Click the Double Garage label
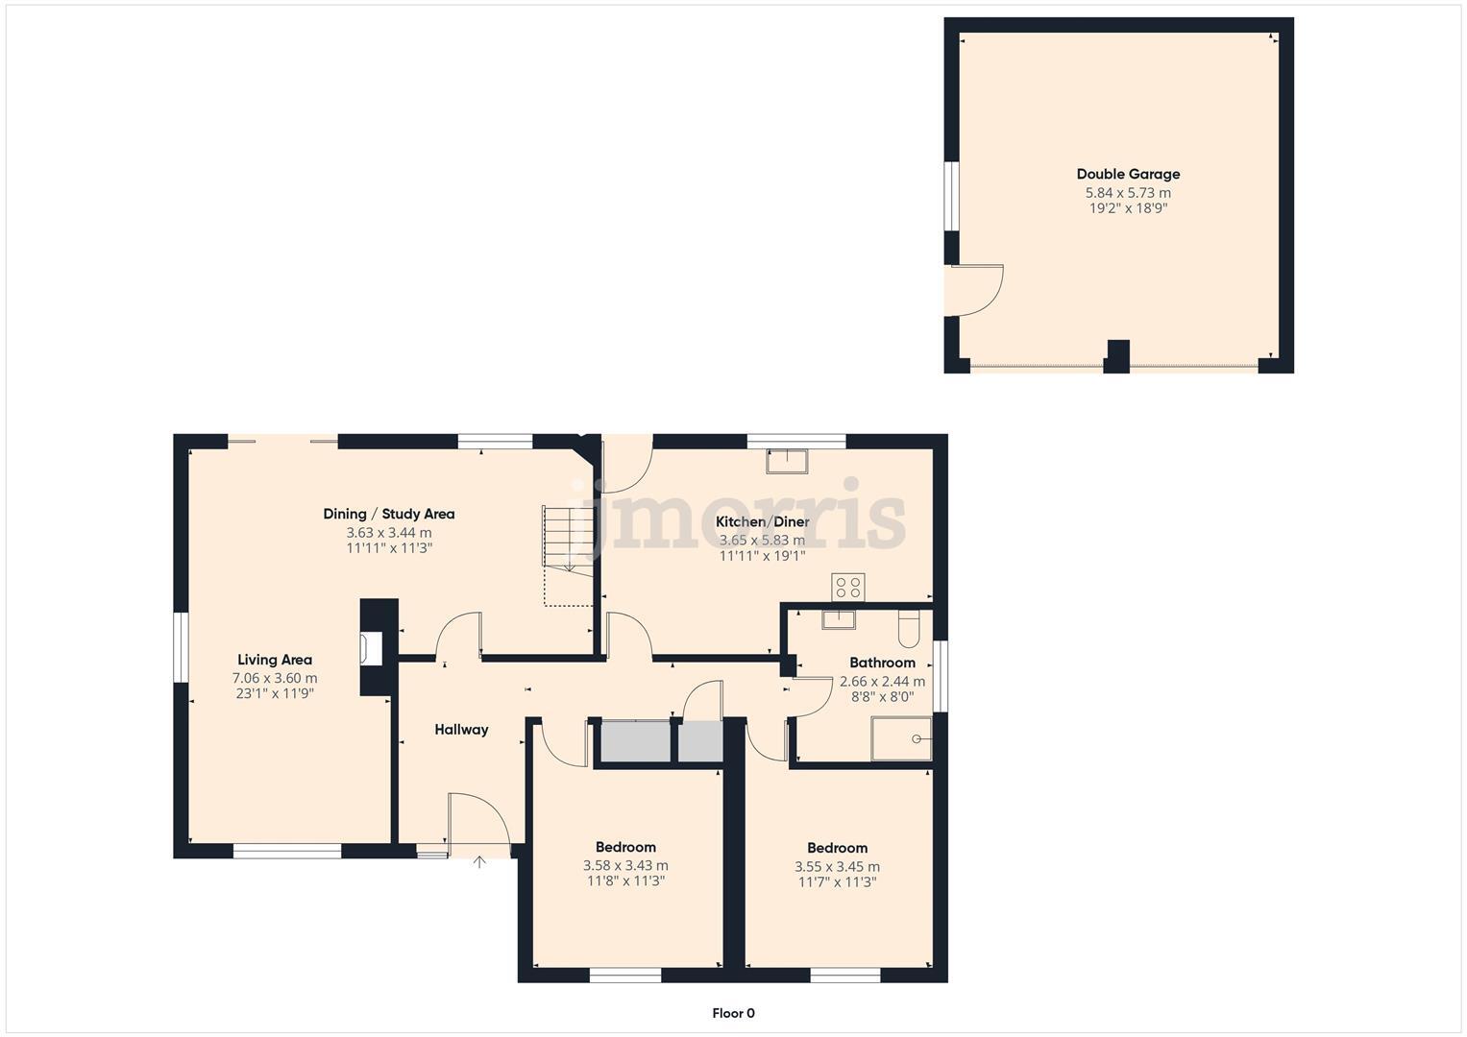click(1128, 174)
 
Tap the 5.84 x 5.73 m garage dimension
click(1128, 193)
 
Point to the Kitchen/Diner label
click(762, 522)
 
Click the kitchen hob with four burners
click(847, 587)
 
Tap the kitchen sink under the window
click(787, 461)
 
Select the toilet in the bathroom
click(908, 629)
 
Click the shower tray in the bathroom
click(901, 738)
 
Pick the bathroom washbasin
click(838, 618)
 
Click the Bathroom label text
click(882, 663)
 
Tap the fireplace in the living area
click(370, 648)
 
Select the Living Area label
click(275, 660)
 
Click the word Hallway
click(461, 730)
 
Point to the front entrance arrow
click(479, 862)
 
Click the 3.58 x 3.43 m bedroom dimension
click(625, 865)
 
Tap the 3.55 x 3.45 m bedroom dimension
click(837, 866)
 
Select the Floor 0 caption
click(733, 1013)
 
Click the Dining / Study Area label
click(389, 514)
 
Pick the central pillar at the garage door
click(1116, 356)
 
